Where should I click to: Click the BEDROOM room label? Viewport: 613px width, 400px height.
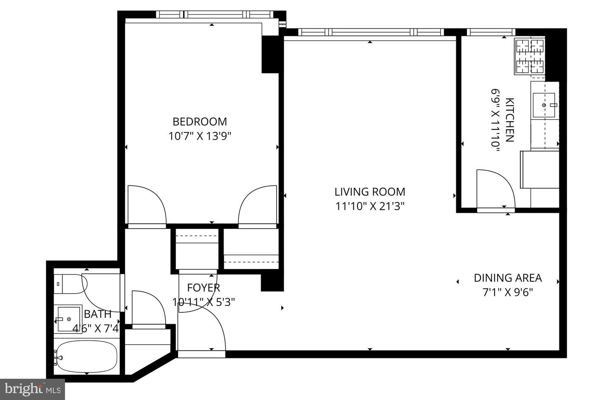pyautogui.click(x=200, y=122)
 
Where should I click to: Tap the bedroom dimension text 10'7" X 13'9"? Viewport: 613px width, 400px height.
pyautogui.click(x=200, y=136)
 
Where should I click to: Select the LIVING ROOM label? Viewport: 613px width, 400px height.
pyautogui.click(x=370, y=192)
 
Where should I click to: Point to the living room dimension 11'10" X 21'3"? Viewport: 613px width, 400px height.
pyautogui.click(x=370, y=206)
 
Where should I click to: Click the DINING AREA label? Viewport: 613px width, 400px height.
pyautogui.click(x=507, y=278)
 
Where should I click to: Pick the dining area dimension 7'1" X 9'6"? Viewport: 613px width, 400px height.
pyautogui.click(x=507, y=292)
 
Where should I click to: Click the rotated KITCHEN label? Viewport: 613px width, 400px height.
pyautogui.click(x=510, y=120)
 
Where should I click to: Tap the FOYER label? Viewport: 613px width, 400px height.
pyautogui.click(x=203, y=288)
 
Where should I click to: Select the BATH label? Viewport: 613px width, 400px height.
pyautogui.click(x=97, y=314)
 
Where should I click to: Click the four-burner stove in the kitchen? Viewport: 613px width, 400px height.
pyautogui.click(x=530, y=56)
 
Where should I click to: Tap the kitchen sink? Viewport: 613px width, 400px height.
pyautogui.click(x=544, y=105)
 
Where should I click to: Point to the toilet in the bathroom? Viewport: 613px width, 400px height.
pyautogui.click(x=70, y=284)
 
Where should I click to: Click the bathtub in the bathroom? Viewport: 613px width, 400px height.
pyautogui.click(x=86, y=357)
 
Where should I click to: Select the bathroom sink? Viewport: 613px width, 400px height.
pyautogui.click(x=69, y=319)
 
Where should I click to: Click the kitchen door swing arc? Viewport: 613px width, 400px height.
pyautogui.click(x=495, y=189)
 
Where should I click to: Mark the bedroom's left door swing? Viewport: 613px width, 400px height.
pyautogui.click(x=146, y=204)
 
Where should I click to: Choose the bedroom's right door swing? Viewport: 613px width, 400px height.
pyautogui.click(x=258, y=204)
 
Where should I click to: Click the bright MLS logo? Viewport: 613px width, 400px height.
pyautogui.click(x=32, y=389)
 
